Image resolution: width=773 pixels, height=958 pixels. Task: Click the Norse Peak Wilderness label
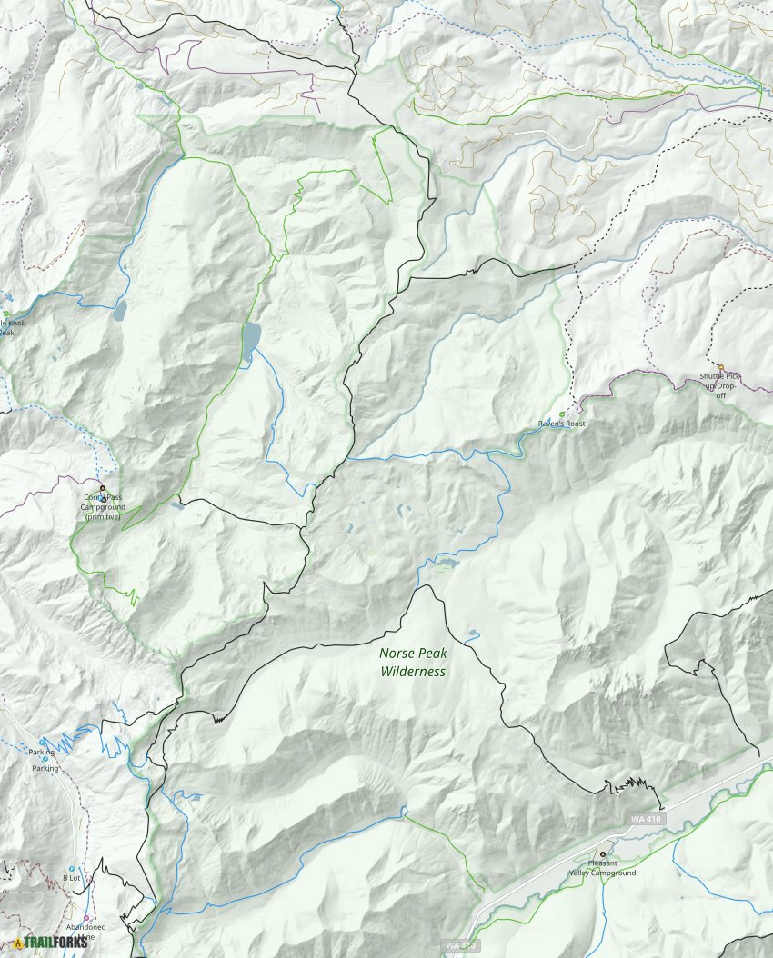(413, 662)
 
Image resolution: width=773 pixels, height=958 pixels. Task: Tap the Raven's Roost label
(561, 424)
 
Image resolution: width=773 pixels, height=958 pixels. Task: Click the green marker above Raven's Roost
(561, 414)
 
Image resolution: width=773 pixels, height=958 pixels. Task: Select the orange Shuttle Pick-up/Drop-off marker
(721, 367)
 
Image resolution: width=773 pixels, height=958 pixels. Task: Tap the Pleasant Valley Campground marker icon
(602, 854)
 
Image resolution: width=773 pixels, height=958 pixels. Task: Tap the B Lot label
(71, 878)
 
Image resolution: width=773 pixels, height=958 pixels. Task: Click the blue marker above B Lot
(72, 869)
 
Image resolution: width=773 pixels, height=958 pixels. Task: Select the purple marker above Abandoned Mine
(86, 917)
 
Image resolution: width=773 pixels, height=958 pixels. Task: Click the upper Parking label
(41, 753)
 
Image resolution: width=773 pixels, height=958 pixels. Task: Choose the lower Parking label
(45, 769)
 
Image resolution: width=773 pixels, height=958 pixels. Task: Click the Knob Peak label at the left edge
(7, 327)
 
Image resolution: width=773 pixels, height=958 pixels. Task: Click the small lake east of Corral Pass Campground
(176, 505)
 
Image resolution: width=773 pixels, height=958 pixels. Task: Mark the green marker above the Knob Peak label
(5, 314)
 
